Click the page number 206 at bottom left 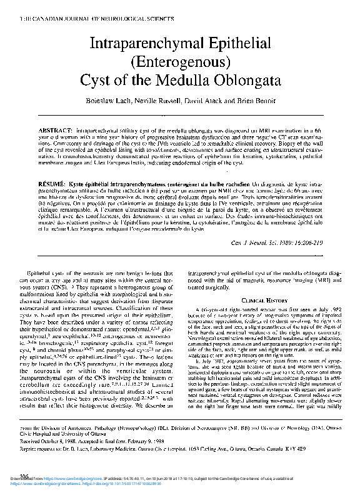click(10, 476)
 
